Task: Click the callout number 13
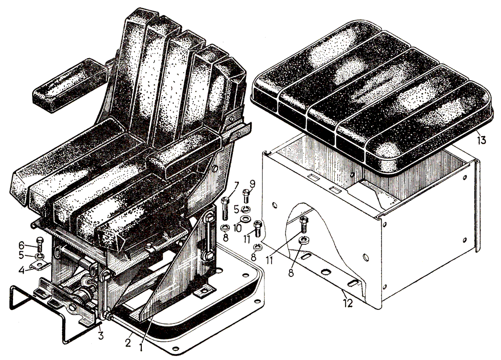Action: click(x=481, y=140)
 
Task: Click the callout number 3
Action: click(x=101, y=336)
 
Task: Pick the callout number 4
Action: click(x=22, y=270)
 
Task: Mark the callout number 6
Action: click(x=21, y=245)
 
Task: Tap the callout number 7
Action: click(x=236, y=185)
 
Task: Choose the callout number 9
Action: click(x=253, y=184)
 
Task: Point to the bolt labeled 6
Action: click(x=40, y=244)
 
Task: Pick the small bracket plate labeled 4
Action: click(x=40, y=265)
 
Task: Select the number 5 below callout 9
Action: click(x=236, y=210)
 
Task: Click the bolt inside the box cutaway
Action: click(x=304, y=225)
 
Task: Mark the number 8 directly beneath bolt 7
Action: click(x=225, y=238)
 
